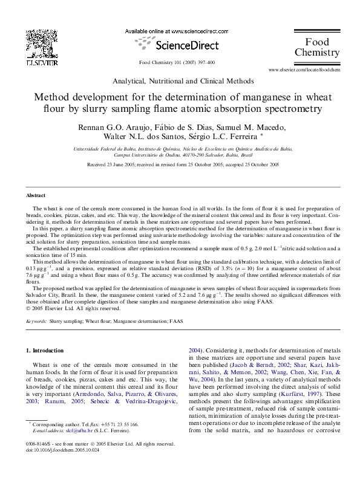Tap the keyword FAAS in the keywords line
tap(176, 321)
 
